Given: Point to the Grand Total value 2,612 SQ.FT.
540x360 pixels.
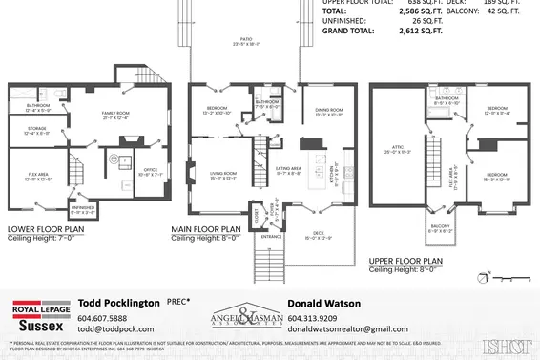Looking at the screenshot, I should (421, 31).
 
